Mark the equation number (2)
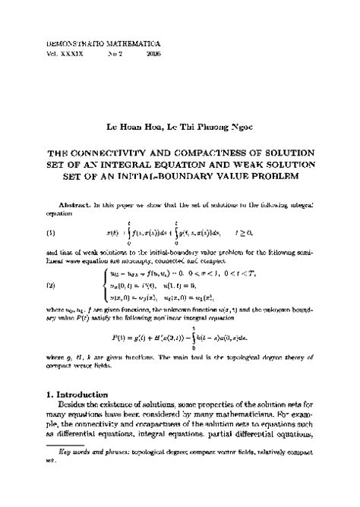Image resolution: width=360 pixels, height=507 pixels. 52,285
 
